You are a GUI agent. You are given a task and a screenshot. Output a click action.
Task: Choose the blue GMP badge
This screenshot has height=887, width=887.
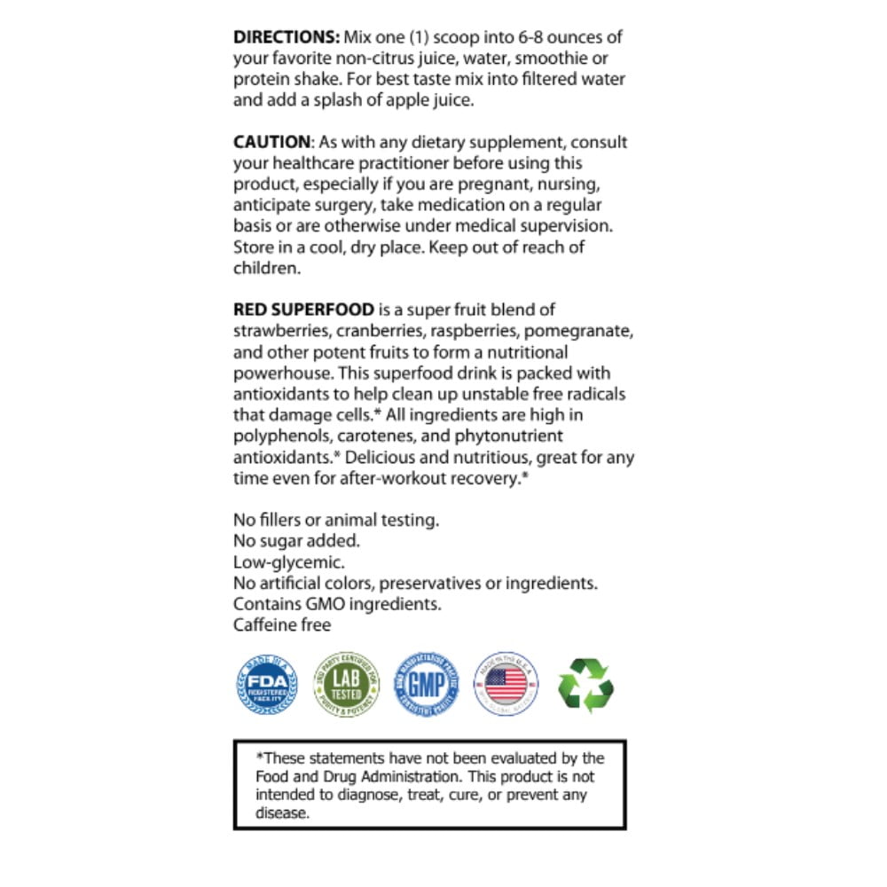click(x=426, y=684)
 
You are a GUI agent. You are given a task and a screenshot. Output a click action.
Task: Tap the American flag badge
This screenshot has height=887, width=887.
click(x=506, y=684)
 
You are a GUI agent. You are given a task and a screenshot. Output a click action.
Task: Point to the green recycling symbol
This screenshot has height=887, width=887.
click(x=585, y=684)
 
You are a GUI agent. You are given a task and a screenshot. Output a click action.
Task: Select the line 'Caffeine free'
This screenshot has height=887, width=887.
click(x=282, y=625)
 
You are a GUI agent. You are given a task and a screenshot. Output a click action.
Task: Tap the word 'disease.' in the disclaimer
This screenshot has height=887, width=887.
click(x=283, y=813)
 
